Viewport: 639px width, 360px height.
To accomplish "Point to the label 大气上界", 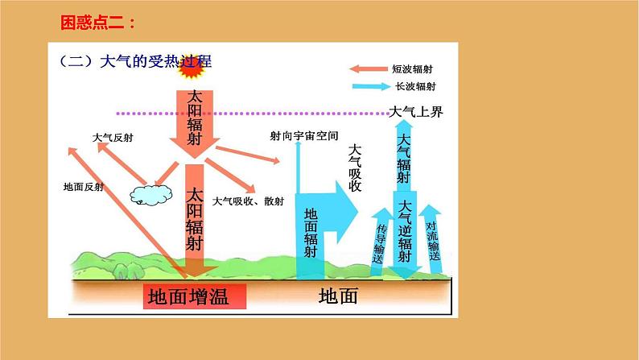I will click(415, 111).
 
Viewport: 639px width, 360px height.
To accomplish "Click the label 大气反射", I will click(113, 138).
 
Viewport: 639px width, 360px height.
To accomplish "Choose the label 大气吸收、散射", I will click(245, 201).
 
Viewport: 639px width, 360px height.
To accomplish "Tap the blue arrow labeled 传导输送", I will click(380, 242).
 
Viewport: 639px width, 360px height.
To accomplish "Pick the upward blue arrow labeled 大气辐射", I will click(404, 157).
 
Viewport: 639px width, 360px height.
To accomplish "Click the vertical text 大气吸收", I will click(355, 169).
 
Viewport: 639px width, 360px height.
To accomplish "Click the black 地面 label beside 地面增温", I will click(338, 296).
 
